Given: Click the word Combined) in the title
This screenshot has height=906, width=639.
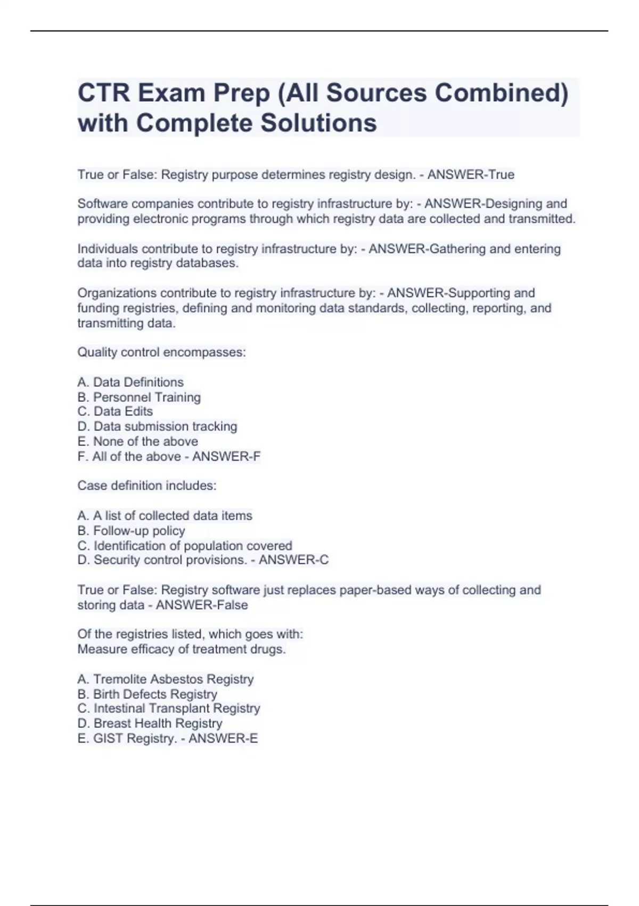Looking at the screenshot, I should pyautogui.click(x=501, y=93).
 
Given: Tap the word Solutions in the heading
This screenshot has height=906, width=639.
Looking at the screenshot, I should pyautogui.click(x=318, y=123).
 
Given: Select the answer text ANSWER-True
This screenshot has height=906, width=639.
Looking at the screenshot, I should pyautogui.click(x=471, y=175).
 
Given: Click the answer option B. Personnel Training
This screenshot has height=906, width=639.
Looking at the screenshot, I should pyautogui.click(x=139, y=397).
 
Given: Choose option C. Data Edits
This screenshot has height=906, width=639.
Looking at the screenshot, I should pyautogui.click(x=115, y=411).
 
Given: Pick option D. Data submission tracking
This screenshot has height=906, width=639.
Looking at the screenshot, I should pyautogui.click(x=157, y=426).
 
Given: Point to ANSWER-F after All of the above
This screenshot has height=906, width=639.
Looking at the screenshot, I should pyautogui.click(x=226, y=456).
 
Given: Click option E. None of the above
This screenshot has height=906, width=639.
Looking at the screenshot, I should pyautogui.click(x=137, y=441).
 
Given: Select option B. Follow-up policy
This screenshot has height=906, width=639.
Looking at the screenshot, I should pyautogui.click(x=131, y=531).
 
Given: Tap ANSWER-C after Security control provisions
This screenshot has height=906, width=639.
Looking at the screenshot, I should pyautogui.click(x=293, y=560).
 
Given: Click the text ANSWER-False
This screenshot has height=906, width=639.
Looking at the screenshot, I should pyautogui.click(x=202, y=605).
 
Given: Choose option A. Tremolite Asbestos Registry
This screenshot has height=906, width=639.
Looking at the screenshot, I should pyautogui.click(x=165, y=679).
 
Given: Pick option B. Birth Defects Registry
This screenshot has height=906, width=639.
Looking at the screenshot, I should pyautogui.click(x=147, y=694).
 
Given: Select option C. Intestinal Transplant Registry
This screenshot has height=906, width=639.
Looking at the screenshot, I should pyautogui.click(x=168, y=708).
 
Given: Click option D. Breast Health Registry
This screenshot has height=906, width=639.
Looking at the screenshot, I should pyautogui.click(x=150, y=723).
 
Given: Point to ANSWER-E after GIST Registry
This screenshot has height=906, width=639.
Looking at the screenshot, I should pyautogui.click(x=223, y=738).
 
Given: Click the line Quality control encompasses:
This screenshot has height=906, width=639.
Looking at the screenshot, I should pyautogui.click(x=161, y=352).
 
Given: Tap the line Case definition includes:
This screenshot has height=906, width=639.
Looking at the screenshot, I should pyautogui.click(x=147, y=486).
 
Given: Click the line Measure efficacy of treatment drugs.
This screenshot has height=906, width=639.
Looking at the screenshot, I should pyautogui.click(x=182, y=649).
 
